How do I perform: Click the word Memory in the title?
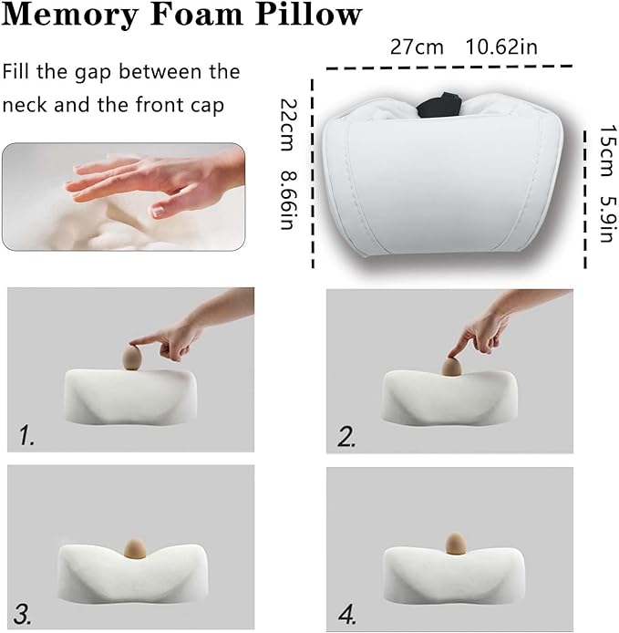tap(69, 16)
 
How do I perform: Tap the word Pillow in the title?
tap(308, 14)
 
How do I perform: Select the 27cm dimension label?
tap(417, 47)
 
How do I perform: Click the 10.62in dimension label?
tap(501, 47)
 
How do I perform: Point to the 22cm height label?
tap(289, 125)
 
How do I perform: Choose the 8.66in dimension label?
tap(289, 201)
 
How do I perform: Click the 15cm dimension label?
tap(607, 151)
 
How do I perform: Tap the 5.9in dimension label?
tap(607, 219)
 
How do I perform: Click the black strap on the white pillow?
tap(439, 106)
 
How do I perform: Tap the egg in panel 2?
tap(451, 366)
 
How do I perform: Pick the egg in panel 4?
tap(455, 544)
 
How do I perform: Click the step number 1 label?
tap(26, 436)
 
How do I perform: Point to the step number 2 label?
tap(346, 437)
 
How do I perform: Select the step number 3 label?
tap(23, 614)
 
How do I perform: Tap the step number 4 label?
tap(347, 615)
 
